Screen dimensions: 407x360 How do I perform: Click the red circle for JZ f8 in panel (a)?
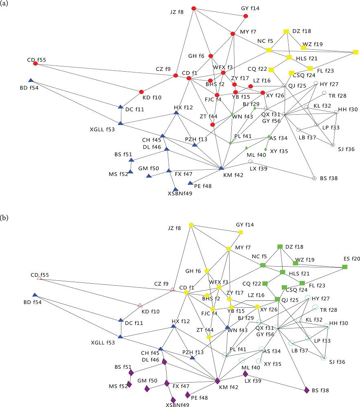(194, 8)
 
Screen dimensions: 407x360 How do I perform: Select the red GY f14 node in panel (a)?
(246, 16)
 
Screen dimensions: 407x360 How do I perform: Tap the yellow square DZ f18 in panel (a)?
(286, 31)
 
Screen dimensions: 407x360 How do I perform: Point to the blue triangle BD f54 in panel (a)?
(31, 80)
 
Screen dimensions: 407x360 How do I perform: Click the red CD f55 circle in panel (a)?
(35, 64)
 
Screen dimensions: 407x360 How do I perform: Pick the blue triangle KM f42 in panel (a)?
(221, 168)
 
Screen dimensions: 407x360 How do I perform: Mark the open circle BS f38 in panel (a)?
(314, 178)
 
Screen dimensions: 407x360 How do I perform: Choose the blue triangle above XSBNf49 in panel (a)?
(176, 189)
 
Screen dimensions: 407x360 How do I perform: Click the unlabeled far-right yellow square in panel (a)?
(355, 52)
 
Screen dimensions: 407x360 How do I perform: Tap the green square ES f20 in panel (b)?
(345, 267)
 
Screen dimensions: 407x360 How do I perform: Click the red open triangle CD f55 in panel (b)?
(39, 278)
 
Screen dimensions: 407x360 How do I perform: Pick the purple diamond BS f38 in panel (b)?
(307, 390)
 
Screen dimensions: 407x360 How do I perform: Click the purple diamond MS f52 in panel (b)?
(129, 384)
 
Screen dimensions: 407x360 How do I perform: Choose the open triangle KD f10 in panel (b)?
(140, 305)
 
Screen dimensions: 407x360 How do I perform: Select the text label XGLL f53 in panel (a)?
(102, 129)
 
